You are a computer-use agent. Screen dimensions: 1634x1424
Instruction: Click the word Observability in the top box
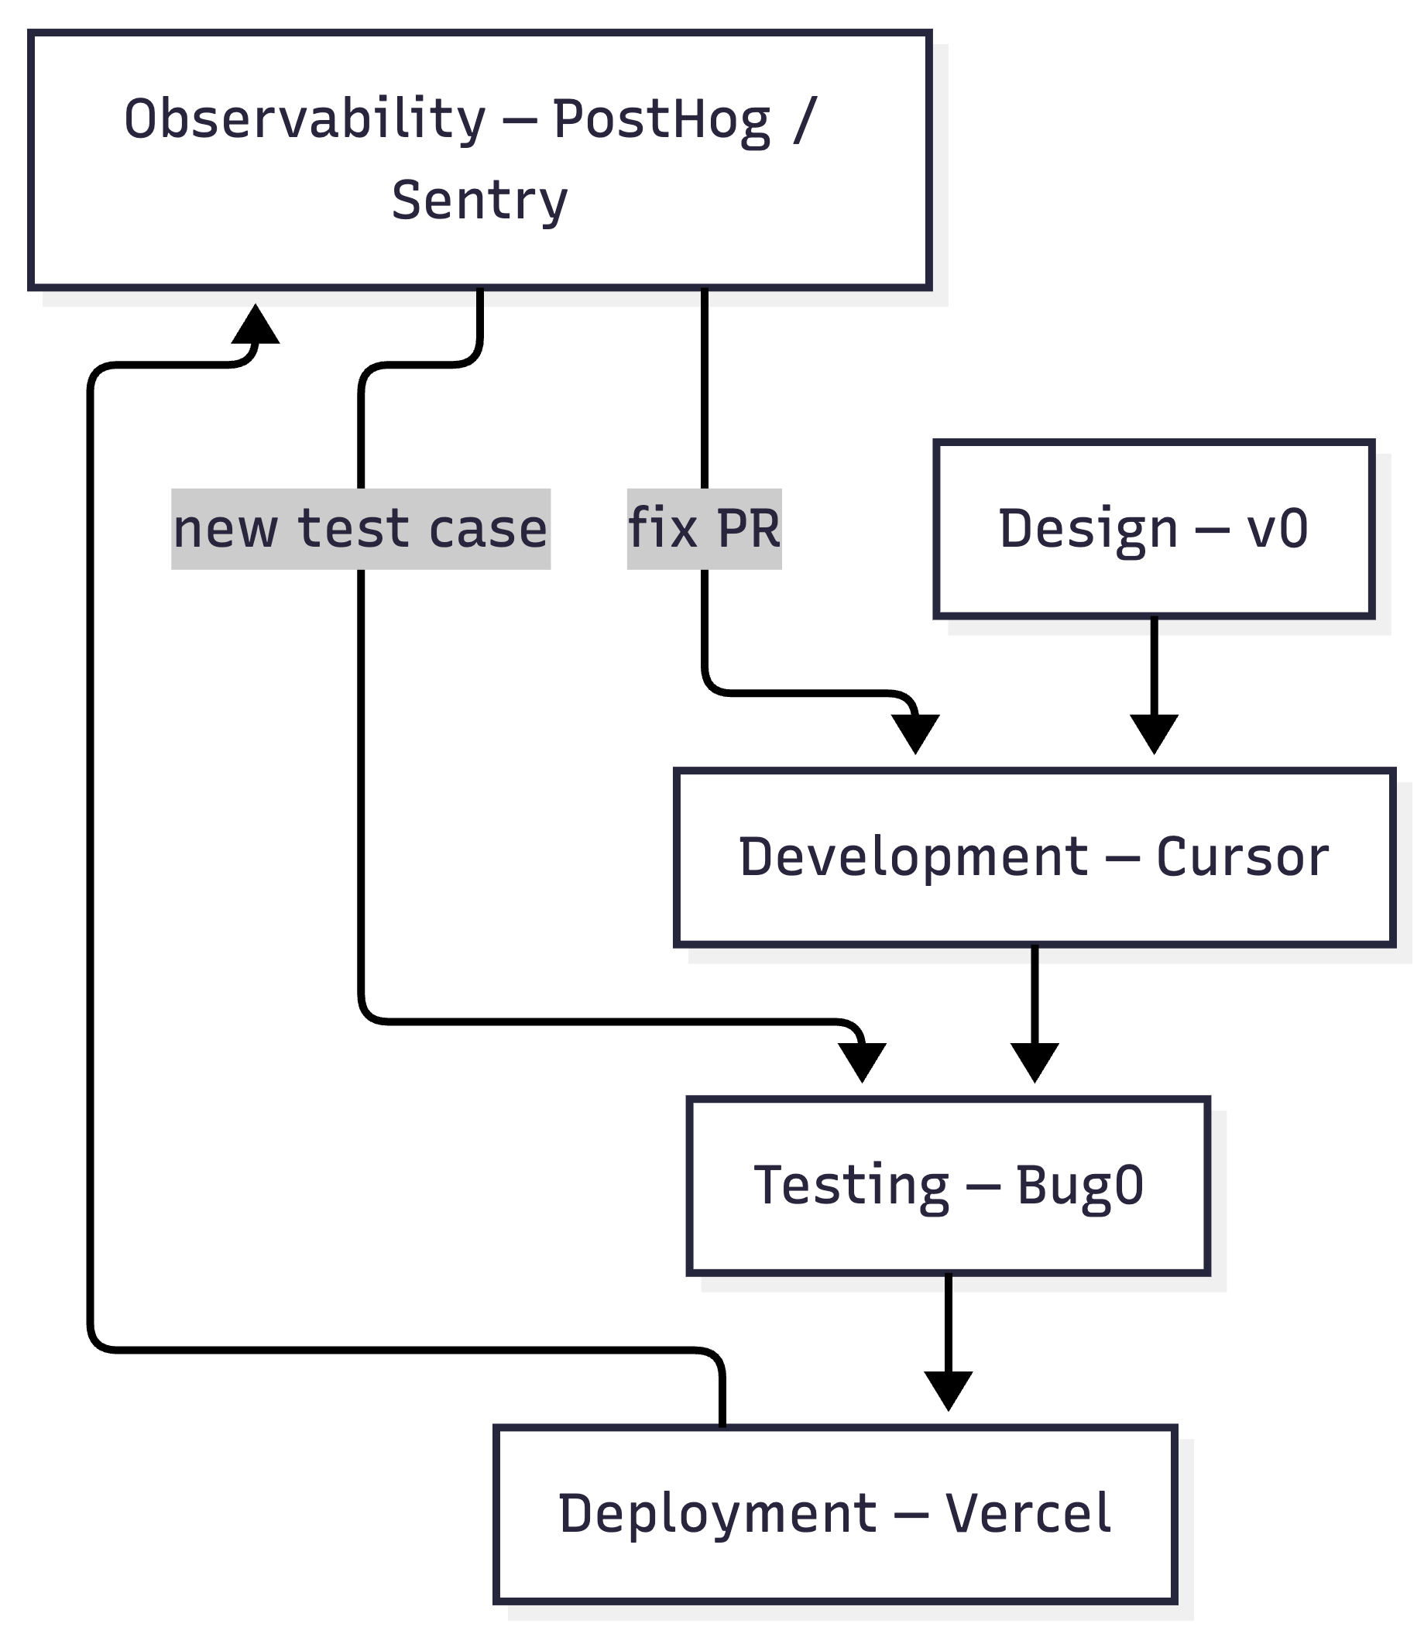pyautogui.click(x=304, y=119)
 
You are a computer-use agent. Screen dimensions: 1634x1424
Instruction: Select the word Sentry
pyautogui.click(x=480, y=201)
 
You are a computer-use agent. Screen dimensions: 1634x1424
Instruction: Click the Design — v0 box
pyautogui.click(x=1153, y=528)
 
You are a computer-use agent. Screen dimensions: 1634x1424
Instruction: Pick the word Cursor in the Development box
pyautogui.click(x=1242, y=857)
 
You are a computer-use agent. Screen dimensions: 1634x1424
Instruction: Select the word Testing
pyautogui.click(x=851, y=1186)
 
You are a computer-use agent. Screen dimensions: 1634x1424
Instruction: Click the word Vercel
pyautogui.click(x=1028, y=1514)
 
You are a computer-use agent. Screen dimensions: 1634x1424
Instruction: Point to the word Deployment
pyautogui.click(x=718, y=1514)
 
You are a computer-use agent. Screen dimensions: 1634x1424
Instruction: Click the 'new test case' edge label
pyautogui.click(x=361, y=529)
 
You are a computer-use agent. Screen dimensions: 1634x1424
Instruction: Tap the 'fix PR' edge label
pyautogui.click(x=704, y=529)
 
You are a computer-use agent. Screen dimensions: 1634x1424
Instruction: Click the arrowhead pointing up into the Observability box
pyautogui.click(x=255, y=324)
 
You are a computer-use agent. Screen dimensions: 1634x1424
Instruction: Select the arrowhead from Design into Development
pyautogui.click(x=1154, y=733)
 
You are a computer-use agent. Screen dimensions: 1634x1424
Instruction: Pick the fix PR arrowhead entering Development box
pyautogui.click(x=915, y=733)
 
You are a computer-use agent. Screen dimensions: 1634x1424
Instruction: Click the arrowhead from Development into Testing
pyautogui.click(x=1035, y=1062)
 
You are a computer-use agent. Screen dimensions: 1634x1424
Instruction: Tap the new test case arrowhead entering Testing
pyautogui.click(x=862, y=1062)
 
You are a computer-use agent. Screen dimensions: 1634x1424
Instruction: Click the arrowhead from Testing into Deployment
pyautogui.click(x=948, y=1390)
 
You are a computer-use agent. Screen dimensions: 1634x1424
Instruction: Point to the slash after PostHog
pyautogui.click(x=805, y=119)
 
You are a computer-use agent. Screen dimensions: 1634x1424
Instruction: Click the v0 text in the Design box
pyautogui.click(x=1277, y=529)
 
